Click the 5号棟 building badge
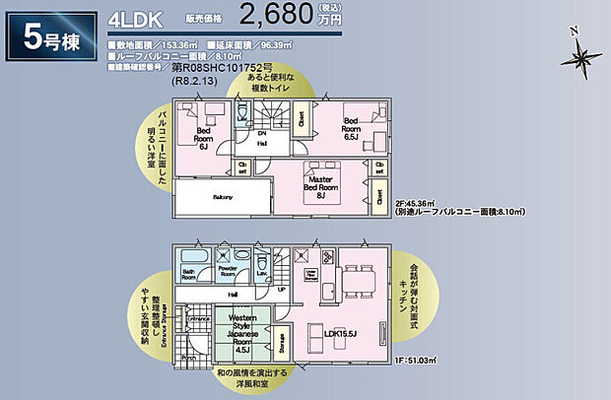(53, 35)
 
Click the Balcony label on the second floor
(224, 197)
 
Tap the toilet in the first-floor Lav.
(260, 263)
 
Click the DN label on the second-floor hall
(262, 132)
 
